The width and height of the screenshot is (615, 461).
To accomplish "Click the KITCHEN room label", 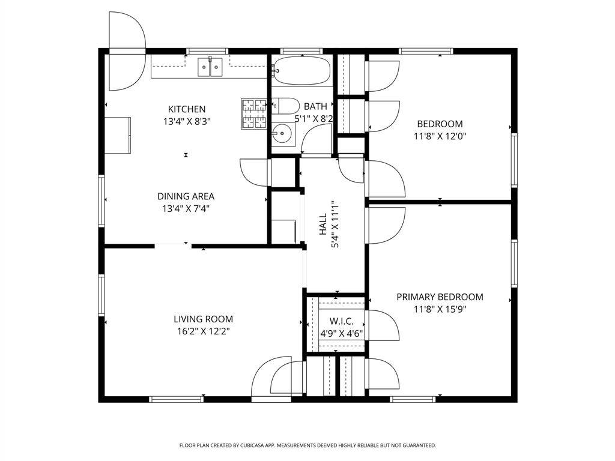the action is [187, 109].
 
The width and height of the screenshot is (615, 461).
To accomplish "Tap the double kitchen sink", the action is [210, 67].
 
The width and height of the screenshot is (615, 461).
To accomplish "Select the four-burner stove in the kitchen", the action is [253, 113].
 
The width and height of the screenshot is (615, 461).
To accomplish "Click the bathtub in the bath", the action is [301, 71].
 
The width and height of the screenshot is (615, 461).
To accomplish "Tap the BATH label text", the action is [315, 106].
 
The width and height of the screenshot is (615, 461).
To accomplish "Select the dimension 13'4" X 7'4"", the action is [186, 208].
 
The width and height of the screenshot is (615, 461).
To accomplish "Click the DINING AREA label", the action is [186, 196].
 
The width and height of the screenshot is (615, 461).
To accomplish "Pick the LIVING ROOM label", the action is [203, 319].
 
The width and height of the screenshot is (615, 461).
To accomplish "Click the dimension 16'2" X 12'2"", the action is [203, 331].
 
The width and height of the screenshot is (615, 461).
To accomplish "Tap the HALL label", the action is [323, 224].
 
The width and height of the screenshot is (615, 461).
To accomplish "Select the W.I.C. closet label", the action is [342, 322].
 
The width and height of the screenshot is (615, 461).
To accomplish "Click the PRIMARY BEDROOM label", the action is [440, 297].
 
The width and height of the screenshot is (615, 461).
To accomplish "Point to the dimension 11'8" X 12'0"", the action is [440, 136].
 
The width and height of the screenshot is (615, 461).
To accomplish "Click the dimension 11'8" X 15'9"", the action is [440, 309].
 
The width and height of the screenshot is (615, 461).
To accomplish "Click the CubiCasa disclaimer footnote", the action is [307, 445].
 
